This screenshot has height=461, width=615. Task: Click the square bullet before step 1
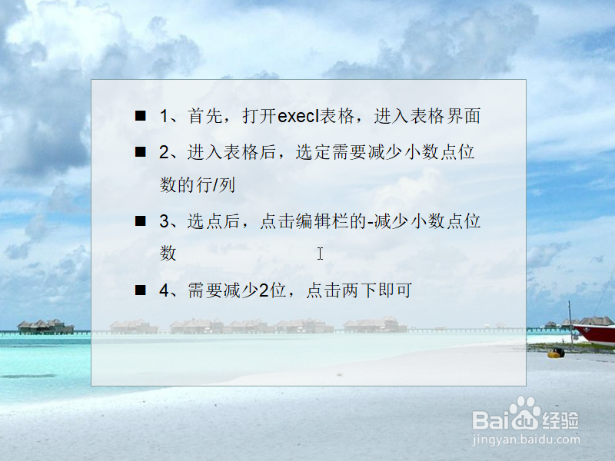coord(140,116)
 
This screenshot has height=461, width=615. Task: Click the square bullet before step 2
coord(140,151)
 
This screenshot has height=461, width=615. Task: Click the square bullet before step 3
coord(140,221)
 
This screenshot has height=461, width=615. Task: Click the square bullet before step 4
coord(140,290)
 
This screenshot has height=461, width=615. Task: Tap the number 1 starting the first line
coord(164,116)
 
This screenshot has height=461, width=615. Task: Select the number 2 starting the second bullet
coord(164,151)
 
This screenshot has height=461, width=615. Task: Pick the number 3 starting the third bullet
coord(164,221)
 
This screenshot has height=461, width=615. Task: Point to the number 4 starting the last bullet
coord(164,290)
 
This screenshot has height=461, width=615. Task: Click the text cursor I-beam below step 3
coord(320,254)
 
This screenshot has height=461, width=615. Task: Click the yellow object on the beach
coord(556,353)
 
